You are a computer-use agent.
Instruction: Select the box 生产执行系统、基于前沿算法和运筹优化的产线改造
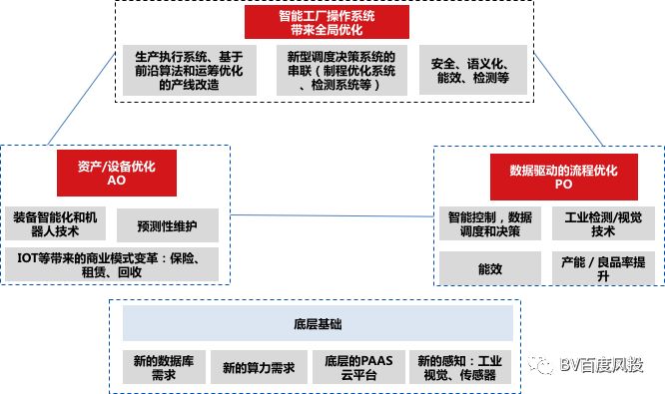(x=181, y=70)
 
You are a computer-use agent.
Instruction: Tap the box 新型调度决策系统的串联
(x=340, y=70)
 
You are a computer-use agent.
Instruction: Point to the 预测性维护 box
(x=167, y=225)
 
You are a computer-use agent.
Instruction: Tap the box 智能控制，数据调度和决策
(x=490, y=223)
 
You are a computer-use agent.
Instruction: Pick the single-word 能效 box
(x=490, y=266)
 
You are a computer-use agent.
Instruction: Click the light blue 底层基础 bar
(x=318, y=323)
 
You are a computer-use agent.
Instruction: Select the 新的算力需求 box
(x=258, y=367)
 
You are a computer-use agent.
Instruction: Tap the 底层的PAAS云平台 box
(x=355, y=367)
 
